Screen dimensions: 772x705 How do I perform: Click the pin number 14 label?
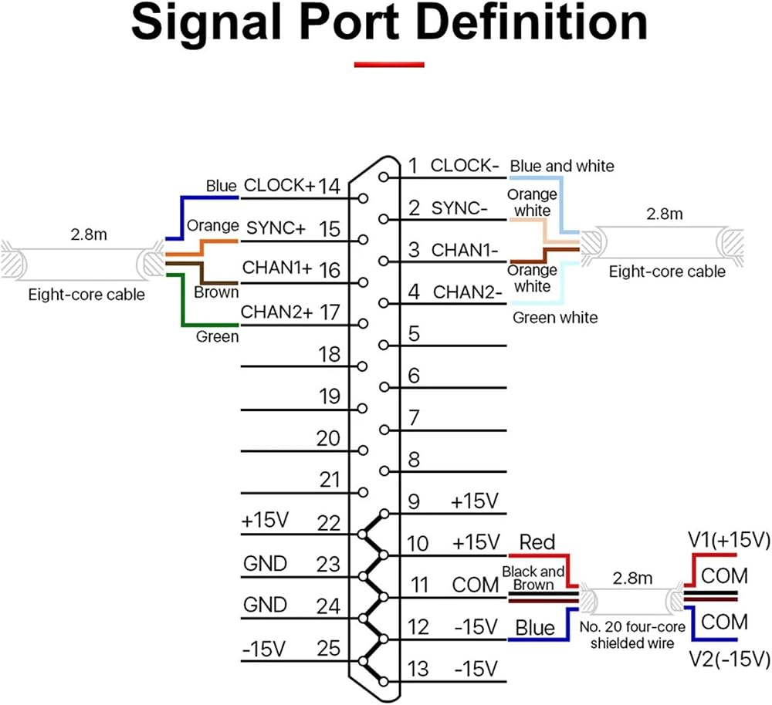[x=329, y=186]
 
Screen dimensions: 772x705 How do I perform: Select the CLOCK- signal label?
[x=465, y=165]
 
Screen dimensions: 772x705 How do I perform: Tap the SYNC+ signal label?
[x=276, y=228]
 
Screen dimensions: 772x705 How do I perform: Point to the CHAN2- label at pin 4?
[x=467, y=292]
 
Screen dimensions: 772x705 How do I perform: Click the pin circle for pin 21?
[x=364, y=492]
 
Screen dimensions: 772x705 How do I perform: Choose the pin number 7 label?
[x=414, y=418]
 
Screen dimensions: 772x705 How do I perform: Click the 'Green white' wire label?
[x=555, y=317]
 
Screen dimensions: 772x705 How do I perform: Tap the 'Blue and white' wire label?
[x=562, y=166]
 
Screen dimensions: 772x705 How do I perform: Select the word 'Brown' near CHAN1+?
[x=216, y=292]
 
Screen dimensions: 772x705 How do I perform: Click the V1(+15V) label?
[x=729, y=540]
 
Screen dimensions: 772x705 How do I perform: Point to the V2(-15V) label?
[x=729, y=659]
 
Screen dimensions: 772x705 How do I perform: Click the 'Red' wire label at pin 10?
[x=537, y=542]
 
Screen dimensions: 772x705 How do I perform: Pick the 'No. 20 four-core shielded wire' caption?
[x=632, y=635]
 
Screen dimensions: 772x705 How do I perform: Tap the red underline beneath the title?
[x=389, y=65]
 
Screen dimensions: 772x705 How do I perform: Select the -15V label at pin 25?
[x=263, y=649]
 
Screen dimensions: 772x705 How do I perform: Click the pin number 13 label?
[x=418, y=669]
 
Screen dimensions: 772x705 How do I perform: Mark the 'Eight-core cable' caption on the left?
[x=86, y=294]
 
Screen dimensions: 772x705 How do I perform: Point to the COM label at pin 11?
[x=475, y=585]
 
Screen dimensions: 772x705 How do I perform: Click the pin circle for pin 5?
[x=384, y=346]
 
